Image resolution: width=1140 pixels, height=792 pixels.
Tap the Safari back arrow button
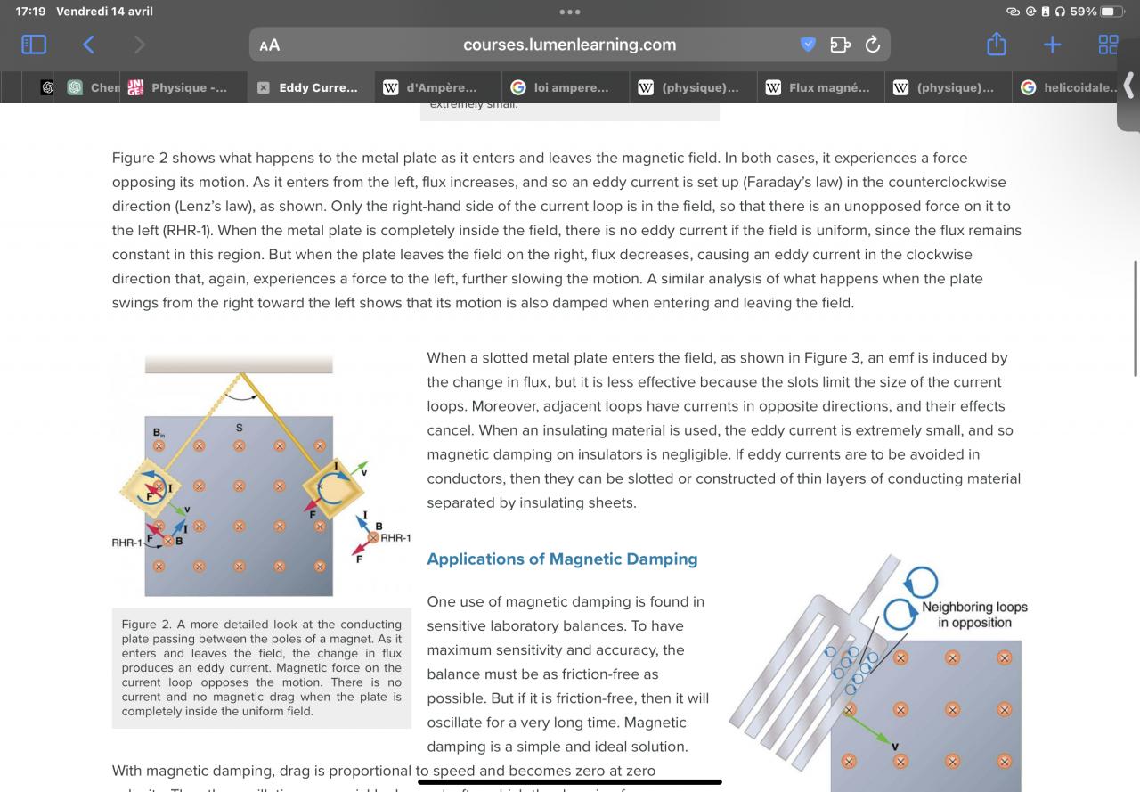[x=87, y=45]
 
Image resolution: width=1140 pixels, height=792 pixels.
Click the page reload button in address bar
[x=873, y=45]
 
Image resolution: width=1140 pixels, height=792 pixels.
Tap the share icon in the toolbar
[x=997, y=45]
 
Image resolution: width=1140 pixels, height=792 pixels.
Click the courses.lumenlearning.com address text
[x=569, y=45]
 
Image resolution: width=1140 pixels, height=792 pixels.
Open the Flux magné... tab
[x=818, y=87]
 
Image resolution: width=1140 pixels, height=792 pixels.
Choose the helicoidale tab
[x=1069, y=87]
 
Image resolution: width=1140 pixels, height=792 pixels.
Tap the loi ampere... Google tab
[x=561, y=87]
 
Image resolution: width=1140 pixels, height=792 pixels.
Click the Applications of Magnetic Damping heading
[x=562, y=559]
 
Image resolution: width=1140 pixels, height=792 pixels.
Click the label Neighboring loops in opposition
[x=974, y=615]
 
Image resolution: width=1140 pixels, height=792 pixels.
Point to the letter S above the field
[x=239, y=429]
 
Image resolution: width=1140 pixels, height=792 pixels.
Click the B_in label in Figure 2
[x=159, y=432]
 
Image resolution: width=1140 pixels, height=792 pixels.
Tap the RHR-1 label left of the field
[x=126, y=542]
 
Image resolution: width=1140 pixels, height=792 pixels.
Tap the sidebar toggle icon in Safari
[x=34, y=45]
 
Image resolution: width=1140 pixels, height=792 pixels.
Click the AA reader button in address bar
[x=269, y=45]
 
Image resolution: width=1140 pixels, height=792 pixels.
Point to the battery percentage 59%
[x=1083, y=12]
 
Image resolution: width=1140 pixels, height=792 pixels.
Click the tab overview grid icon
[x=1108, y=45]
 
